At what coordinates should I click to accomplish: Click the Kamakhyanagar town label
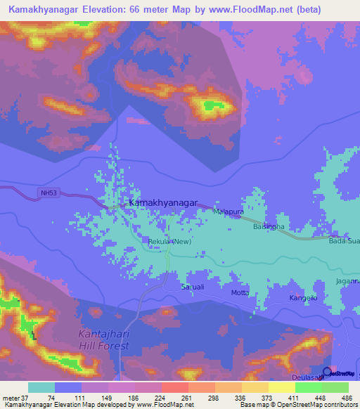pyautogui.click(x=162, y=202)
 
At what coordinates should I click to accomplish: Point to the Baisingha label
pyautogui.click(x=269, y=226)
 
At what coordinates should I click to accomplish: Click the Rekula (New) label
pyautogui.click(x=169, y=242)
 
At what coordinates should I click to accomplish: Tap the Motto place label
pyautogui.click(x=240, y=292)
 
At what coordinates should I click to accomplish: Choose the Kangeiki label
pyautogui.click(x=304, y=299)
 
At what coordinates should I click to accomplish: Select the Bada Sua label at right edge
pyautogui.click(x=344, y=241)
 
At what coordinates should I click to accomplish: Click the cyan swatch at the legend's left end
pyautogui.click(x=41, y=387)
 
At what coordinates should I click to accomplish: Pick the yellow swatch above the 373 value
pyautogui.click(x=255, y=387)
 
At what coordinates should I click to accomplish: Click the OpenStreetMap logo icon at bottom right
pyautogui.click(x=327, y=372)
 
